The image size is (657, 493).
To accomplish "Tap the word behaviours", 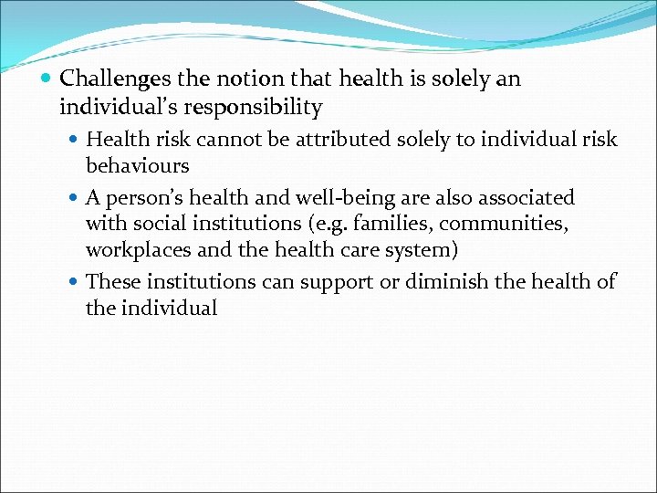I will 138,166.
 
